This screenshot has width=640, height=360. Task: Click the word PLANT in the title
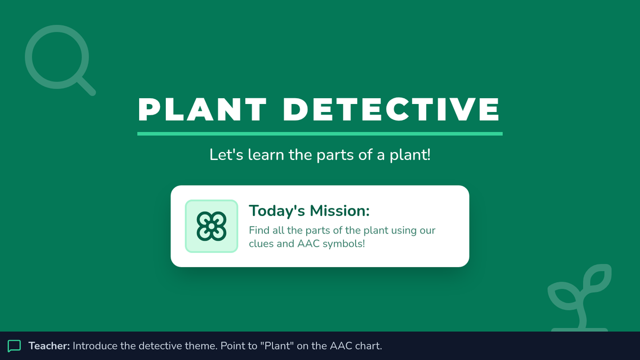(202, 109)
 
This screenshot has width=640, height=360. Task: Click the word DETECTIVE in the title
(391, 109)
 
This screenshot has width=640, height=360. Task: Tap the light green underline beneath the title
(319, 134)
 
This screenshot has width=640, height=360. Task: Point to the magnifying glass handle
(87, 86)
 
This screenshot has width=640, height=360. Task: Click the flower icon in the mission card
(211, 226)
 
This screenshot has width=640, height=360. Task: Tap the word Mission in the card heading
(340, 211)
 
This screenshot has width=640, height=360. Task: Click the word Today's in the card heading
(277, 211)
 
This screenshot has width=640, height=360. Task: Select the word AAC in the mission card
(309, 244)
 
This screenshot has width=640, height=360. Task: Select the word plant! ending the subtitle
(410, 155)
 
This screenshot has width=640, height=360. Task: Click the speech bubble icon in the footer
(14, 346)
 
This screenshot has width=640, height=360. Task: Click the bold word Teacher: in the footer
(49, 346)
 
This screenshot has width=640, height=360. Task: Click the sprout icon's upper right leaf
(597, 278)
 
